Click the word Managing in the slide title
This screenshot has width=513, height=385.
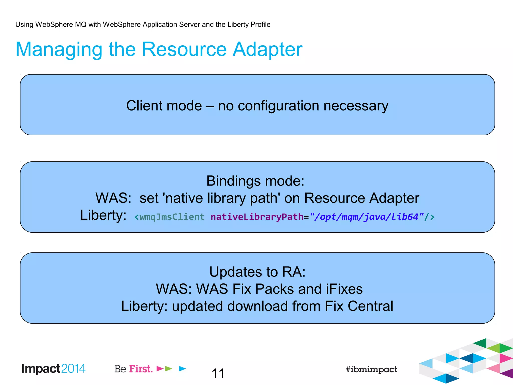click(x=59, y=50)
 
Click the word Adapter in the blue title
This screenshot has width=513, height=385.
click(x=267, y=50)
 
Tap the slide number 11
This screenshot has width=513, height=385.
click(x=218, y=373)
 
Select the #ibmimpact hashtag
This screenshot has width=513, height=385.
click(x=371, y=369)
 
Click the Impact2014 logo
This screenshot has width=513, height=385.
click(x=54, y=369)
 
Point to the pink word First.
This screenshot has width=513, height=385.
click(x=141, y=369)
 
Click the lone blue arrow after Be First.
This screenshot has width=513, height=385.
click(x=183, y=368)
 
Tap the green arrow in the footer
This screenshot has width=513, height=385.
click(x=169, y=368)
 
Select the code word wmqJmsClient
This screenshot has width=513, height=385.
click(x=172, y=217)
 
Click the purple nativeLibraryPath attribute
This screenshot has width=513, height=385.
click(x=257, y=217)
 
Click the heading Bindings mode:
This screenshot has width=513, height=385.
click(x=255, y=181)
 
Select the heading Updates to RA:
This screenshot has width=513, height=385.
click(x=257, y=272)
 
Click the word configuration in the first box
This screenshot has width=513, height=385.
click(x=278, y=106)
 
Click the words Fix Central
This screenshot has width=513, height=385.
click(x=359, y=306)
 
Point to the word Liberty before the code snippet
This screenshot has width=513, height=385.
click(x=103, y=215)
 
